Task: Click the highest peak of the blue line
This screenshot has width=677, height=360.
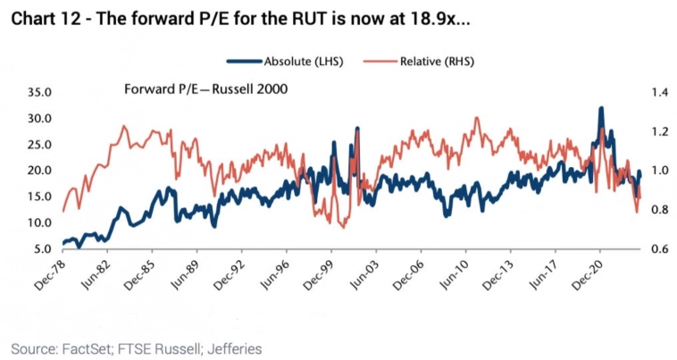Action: click(x=601, y=108)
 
